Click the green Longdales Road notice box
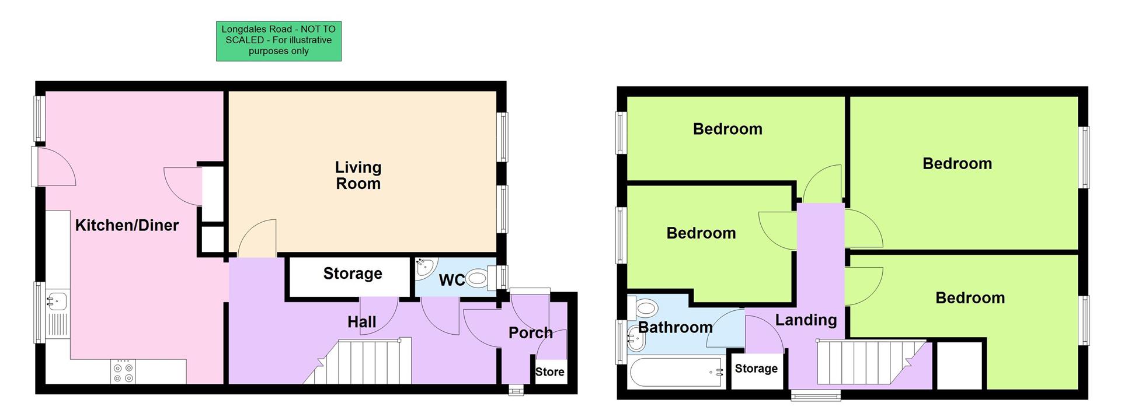(278, 41)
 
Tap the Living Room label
(358, 175)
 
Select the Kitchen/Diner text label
(127, 225)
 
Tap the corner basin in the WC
(424, 268)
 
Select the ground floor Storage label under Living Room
(353, 274)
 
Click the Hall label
(361, 322)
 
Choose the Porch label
(530, 333)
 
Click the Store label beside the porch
(549, 372)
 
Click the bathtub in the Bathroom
(676, 373)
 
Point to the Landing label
(806, 320)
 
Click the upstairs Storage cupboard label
(756, 369)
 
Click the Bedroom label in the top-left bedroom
(727, 129)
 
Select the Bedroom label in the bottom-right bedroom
(970, 298)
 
